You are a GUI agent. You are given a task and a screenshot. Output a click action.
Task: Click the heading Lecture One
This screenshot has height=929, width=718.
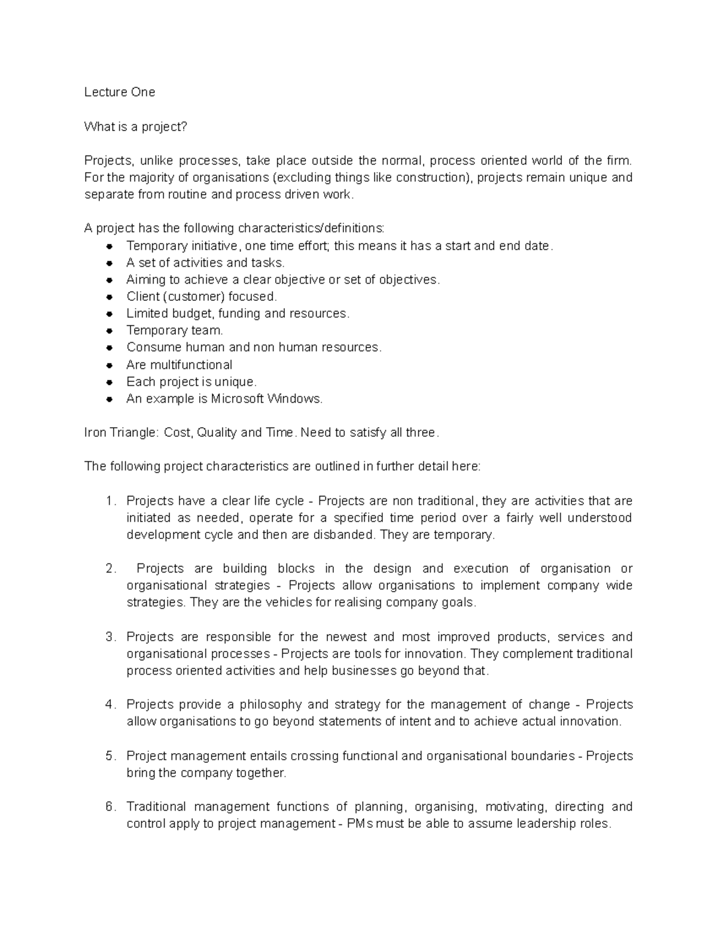119,92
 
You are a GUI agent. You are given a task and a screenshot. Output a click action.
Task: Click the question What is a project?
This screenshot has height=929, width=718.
135,127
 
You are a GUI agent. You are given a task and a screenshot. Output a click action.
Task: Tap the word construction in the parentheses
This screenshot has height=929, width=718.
431,178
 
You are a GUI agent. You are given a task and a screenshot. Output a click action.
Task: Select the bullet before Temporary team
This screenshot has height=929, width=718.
109,331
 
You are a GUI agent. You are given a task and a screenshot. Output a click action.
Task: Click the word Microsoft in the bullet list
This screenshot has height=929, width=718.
238,399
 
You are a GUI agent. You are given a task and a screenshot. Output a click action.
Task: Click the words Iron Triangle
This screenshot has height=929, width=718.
120,432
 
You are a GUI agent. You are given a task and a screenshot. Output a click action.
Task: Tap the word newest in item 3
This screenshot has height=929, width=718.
345,637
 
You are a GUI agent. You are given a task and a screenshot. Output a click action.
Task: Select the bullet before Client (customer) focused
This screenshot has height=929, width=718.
109,297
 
